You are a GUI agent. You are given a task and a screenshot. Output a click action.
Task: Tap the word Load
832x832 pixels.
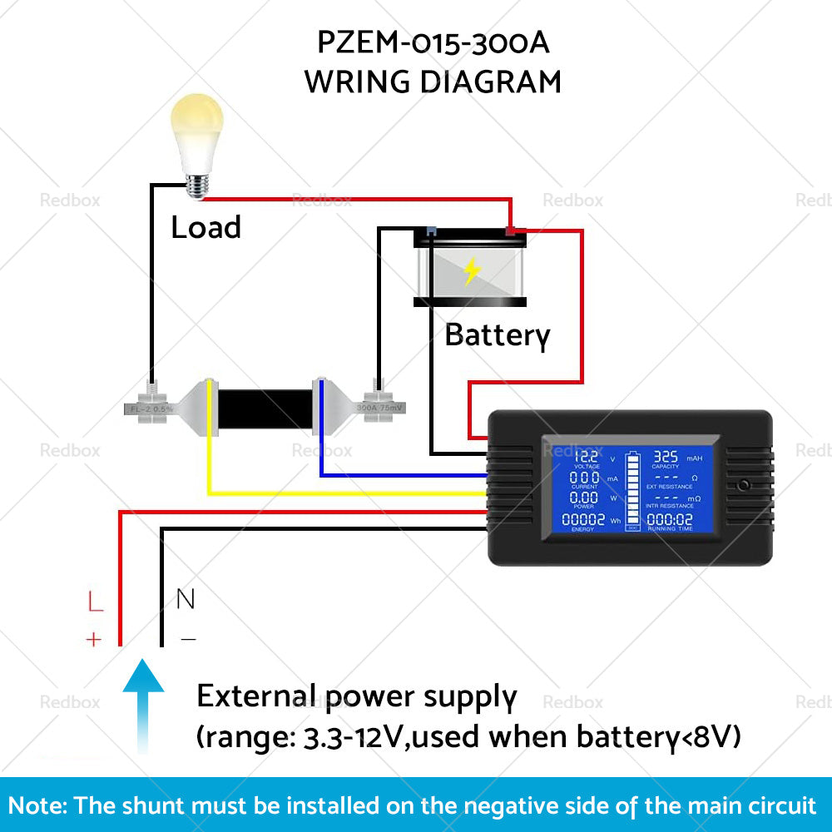pos(206,227)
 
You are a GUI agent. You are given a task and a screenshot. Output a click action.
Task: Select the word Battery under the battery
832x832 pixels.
pos(497,334)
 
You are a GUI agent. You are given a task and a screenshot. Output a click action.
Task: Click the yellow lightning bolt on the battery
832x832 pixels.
pos(472,271)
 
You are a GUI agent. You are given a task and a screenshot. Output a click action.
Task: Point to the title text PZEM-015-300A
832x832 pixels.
pos(433,42)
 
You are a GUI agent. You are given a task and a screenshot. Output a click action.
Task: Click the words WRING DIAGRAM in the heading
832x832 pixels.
pos(433,82)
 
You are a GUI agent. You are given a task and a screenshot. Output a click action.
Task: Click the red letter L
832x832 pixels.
pos(96,602)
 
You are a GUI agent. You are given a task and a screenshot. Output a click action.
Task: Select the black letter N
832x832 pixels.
pos(186,598)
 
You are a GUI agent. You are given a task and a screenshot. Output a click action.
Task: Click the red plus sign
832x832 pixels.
pos(93,640)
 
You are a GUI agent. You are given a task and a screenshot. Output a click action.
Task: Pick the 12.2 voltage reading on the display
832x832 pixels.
pos(586,457)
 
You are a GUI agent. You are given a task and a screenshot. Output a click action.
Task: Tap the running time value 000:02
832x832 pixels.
pos(670,519)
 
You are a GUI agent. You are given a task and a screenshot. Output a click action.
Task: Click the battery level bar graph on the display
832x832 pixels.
pos(632,491)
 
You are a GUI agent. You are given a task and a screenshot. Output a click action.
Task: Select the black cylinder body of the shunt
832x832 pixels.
pos(264,409)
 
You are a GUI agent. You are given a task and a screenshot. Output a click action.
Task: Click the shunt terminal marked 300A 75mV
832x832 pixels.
pos(380,408)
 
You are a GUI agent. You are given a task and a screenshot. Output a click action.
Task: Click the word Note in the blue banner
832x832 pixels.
pos(38,805)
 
